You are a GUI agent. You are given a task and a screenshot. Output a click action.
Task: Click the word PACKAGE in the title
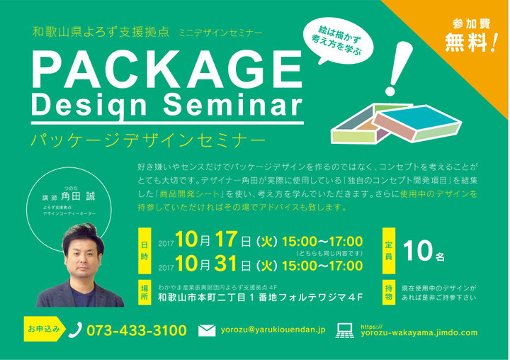(167, 69)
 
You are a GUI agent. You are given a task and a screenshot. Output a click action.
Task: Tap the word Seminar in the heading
(233, 105)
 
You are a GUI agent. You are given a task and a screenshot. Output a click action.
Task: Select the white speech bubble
(339, 41)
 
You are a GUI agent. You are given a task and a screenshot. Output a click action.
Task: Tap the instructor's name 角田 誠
(78, 196)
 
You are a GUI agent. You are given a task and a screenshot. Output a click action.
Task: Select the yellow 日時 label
(144, 251)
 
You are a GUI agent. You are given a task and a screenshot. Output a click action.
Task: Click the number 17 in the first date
(226, 240)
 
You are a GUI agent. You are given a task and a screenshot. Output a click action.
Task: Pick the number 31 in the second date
(225, 264)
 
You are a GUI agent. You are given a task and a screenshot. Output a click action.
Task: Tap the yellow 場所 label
(144, 292)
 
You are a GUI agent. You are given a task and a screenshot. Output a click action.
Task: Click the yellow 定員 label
(389, 251)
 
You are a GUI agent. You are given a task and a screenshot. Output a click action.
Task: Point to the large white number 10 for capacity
(418, 251)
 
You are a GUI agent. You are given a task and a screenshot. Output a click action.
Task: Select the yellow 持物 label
(389, 292)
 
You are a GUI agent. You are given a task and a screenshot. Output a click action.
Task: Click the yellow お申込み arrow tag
(45, 329)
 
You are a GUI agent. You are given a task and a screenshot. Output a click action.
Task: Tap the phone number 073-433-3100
(137, 330)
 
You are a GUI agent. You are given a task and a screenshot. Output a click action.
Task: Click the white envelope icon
(207, 330)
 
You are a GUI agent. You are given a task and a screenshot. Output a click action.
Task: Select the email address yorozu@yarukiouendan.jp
(273, 330)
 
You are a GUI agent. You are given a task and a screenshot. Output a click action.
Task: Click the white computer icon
(345, 330)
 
